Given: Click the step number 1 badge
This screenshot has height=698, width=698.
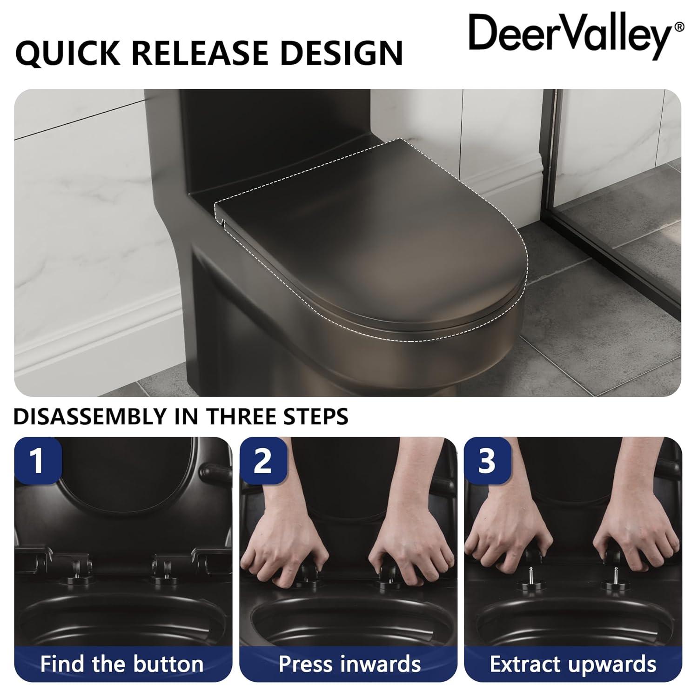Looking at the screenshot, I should coord(37,460).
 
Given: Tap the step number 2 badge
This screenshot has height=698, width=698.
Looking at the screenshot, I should coord(262,460).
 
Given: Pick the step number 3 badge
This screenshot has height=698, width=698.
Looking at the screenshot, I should coord(487,460).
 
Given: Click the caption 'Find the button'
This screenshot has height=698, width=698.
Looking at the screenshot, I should coord(122,664).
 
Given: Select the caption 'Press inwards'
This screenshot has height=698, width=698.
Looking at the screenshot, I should coord(349,664).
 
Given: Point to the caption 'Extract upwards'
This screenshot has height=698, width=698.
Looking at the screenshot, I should coord(573,664).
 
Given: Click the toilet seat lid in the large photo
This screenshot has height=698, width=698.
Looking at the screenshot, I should coord(372,242).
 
